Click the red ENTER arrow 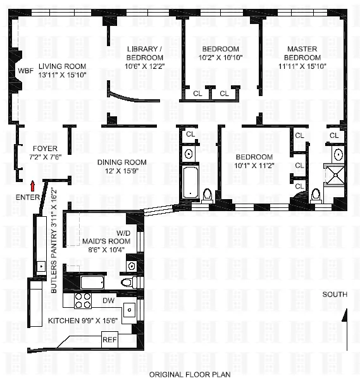pos(33,185)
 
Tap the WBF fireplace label pos(25,71)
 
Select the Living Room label pos(62,66)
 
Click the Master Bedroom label pos(301,49)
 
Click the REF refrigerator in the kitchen pos(110,339)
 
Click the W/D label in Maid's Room pos(106,232)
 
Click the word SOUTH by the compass pos(335,295)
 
